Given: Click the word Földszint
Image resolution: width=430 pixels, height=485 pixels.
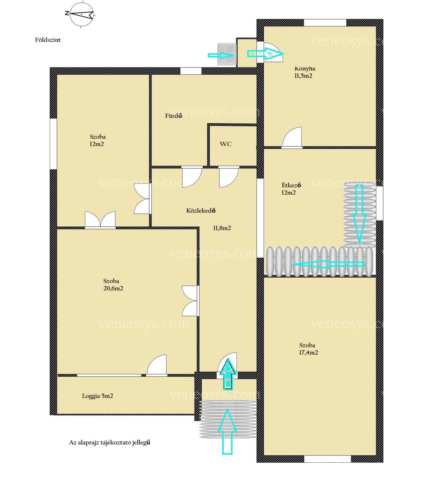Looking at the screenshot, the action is pyautogui.click(x=48, y=40).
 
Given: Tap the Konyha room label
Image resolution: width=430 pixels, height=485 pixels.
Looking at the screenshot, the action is pyautogui.click(x=305, y=69).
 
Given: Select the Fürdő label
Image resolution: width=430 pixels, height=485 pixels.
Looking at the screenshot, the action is pyautogui.click(x=174, y=116).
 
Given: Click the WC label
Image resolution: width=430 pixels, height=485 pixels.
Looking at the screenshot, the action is pyautogui.click(x=225, y=144).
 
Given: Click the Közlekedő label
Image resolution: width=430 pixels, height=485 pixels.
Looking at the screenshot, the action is pyautogui.click(x=201, y=211).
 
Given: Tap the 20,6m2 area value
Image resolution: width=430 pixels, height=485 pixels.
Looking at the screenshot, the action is pyautogui.click(x=113, y=288).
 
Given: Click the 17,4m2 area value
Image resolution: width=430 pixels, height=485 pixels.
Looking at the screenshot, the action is pyautogui.click(x=308, y=352).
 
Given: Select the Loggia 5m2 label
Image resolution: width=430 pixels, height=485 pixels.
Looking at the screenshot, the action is pyautogui.click(x=97, y=396).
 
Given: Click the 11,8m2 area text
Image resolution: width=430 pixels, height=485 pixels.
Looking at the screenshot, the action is pyautogui.click(x=222, y=228).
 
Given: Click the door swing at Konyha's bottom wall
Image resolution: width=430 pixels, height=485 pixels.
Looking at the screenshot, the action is pyautogui.click(x=292, y=137).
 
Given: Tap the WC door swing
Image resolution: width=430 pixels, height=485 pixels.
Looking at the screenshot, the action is pyautogui.click(x=229, y=177).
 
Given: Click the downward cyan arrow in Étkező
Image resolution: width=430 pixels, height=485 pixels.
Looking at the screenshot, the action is pyautogui.click(x=359, y=213).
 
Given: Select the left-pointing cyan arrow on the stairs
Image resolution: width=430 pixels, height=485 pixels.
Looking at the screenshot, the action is pyautogui.click(x=329, y=264).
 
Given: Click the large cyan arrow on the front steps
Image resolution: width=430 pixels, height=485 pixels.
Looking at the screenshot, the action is pyautogui.click(x=227, y=431).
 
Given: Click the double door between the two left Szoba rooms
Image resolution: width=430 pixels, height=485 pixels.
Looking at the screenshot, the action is pyautogui.click(x=100, y=220).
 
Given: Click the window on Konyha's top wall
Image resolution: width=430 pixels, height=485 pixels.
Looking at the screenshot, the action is pyautogui.click(x=325, y=23).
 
